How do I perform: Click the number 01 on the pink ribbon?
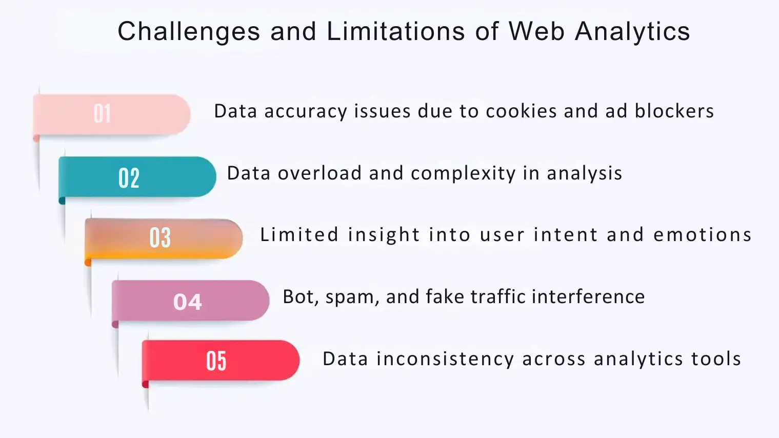point(103,113)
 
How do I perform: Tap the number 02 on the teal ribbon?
point(129,178)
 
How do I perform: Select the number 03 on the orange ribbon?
point(160,238)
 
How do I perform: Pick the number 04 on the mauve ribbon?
point(188,302)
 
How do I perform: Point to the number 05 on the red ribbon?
point(216,361)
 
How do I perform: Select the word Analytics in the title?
point(632,32)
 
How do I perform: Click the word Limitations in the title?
point(396,31)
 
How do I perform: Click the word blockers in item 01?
point(674,111)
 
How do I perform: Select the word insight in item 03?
point(384,235)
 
